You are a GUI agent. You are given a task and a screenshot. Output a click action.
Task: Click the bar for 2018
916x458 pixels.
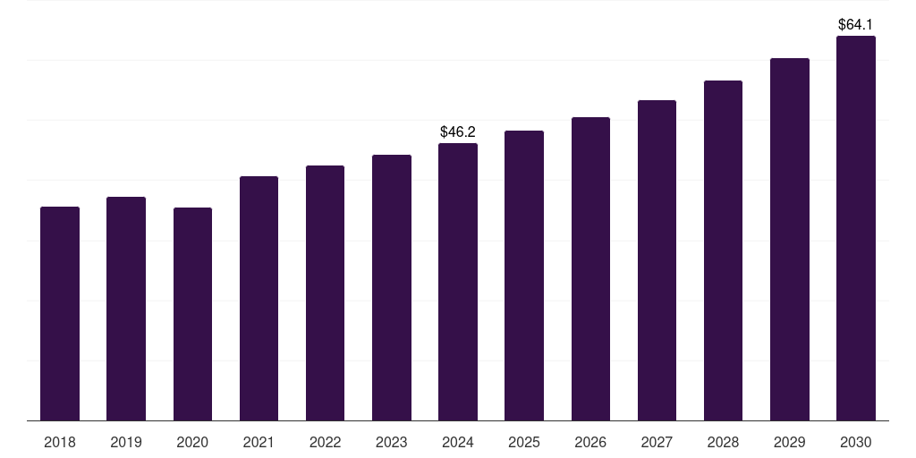coord(60,313)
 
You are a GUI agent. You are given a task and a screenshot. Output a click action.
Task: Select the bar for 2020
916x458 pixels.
coord(192,313)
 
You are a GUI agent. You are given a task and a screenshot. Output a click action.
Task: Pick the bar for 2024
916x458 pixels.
coord(458,282)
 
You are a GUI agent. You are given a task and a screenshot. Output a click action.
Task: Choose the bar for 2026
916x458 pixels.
coord(590,268)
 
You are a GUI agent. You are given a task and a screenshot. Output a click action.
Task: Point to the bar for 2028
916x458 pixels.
coord(723,250)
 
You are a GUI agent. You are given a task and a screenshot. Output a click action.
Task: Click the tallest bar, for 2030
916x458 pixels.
coord(855,228)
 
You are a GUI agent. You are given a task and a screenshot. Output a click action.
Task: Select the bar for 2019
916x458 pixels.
coord(126,309)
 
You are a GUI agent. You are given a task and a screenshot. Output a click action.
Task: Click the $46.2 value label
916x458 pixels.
coord(458,132)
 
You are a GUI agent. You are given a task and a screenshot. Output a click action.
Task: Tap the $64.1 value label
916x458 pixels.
coord(855,25)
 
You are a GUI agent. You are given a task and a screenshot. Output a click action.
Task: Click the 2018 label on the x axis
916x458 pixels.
coord(60,442)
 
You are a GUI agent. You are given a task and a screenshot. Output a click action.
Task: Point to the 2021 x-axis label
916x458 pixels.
coord(259,442)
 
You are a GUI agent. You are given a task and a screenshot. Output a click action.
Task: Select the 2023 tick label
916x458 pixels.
coord(392,442)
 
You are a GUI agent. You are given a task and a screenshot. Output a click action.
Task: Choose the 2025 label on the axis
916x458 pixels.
coord(524,442)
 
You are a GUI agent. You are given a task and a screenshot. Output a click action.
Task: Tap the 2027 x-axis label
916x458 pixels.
coord(657,442)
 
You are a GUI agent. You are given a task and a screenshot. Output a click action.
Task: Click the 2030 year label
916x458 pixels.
coord(855,442)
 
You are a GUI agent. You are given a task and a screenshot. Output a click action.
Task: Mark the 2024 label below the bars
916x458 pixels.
coord(458,442)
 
